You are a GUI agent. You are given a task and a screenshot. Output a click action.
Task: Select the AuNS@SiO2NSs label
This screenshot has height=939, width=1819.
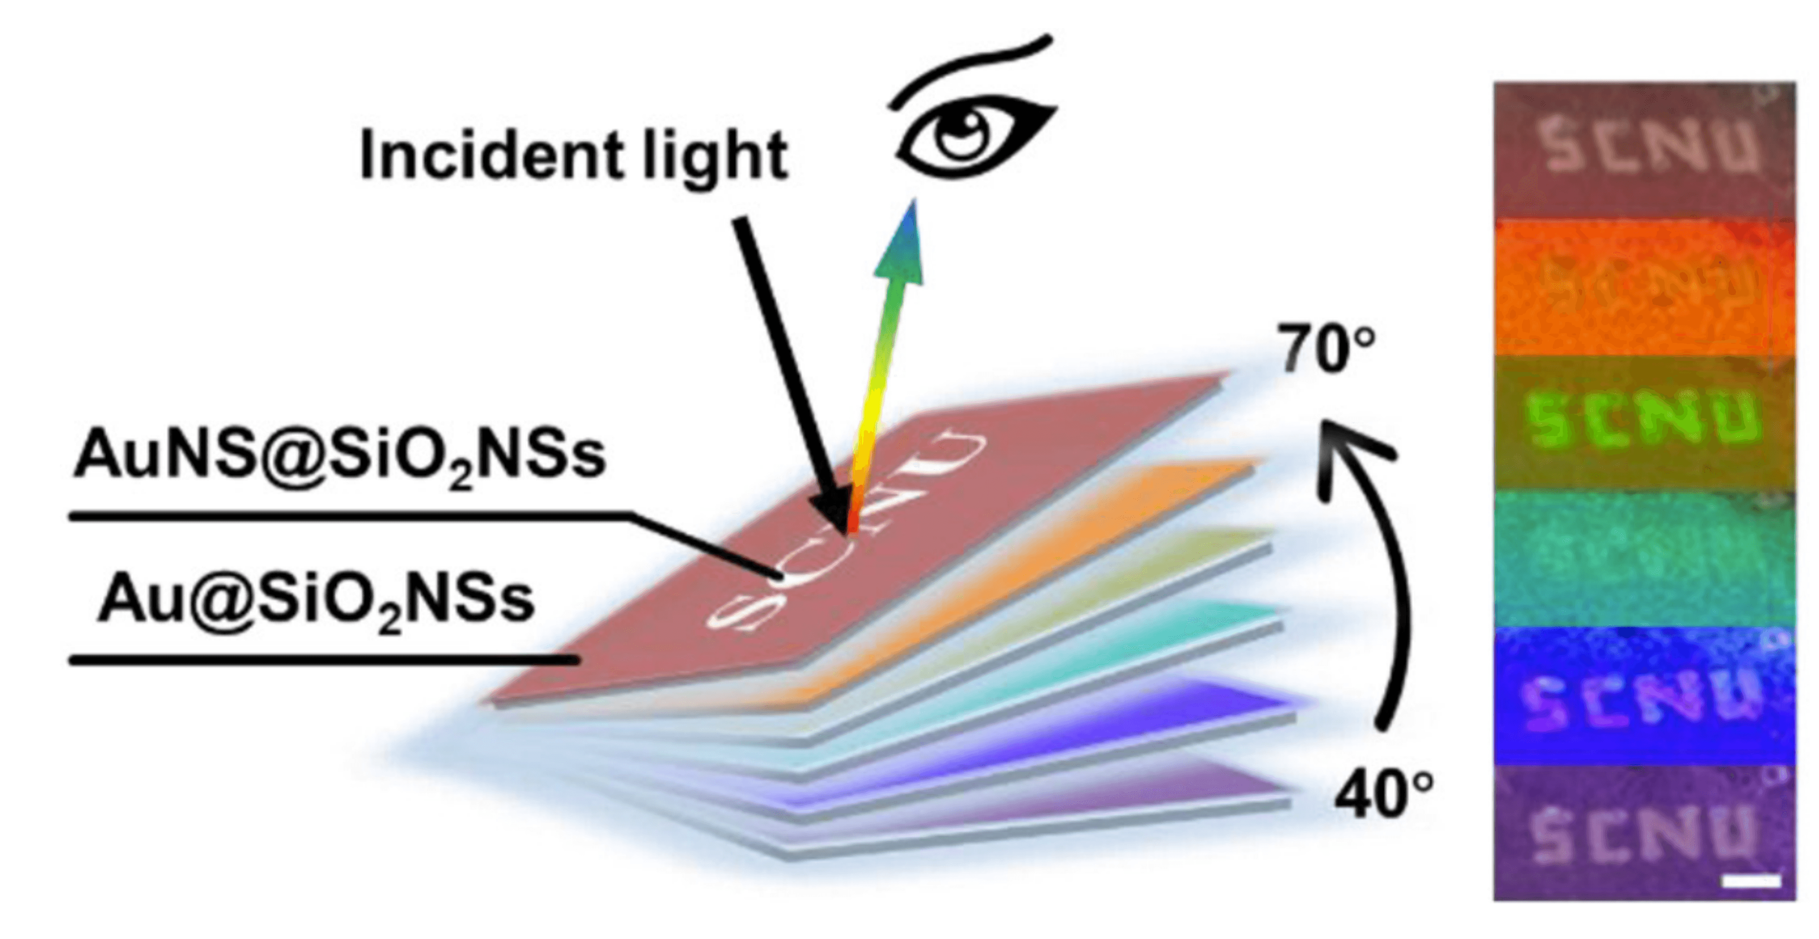pyautogui.click(x=339, y=455)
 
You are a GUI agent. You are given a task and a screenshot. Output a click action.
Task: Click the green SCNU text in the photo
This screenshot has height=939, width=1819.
pyautogui.click(x=1642, y=422)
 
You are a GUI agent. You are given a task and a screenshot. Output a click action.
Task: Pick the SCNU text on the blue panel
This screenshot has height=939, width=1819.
pyautogui.click(x=1642, y=702)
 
